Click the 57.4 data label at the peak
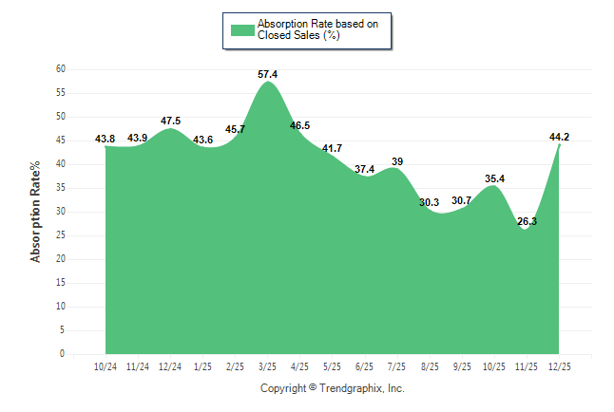click(268, 74)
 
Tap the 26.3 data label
click(526, 221)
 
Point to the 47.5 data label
click(170, 122)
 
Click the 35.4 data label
click(493, 178)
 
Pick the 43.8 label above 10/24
click(106, 140)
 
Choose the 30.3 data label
click(429, 202)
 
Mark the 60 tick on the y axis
click(60, 69)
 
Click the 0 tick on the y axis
click(63, 354)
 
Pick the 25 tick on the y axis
click(60, 235)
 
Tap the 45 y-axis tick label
click(60, 140)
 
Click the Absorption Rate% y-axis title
click(37, 212)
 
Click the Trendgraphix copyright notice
click(333, 388)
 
